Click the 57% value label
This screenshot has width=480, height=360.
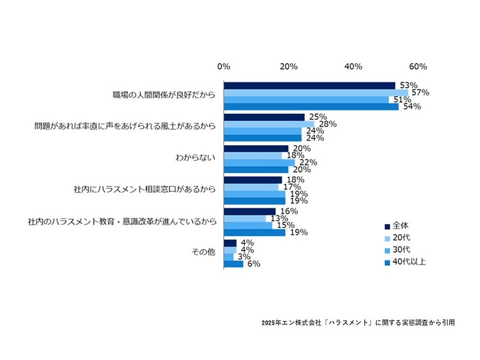(x=421, y=92)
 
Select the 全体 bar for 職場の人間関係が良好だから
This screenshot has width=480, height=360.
(x=309, y=85)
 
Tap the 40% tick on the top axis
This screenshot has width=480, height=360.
(x=353, y=66)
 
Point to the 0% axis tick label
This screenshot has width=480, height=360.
(x=224, y=66)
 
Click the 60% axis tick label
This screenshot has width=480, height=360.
(x=418, y=66)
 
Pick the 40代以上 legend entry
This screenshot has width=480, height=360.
(x=408, y=262)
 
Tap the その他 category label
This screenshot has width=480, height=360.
(x=205, y=253)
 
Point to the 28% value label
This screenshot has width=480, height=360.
(x=326, y=124)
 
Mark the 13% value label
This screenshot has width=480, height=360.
(x=278, y=218)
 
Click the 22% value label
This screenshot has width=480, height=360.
(x=307, y=163)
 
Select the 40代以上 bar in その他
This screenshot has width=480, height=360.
(x=233, y=263)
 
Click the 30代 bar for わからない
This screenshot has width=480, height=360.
(x=259, y=163)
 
